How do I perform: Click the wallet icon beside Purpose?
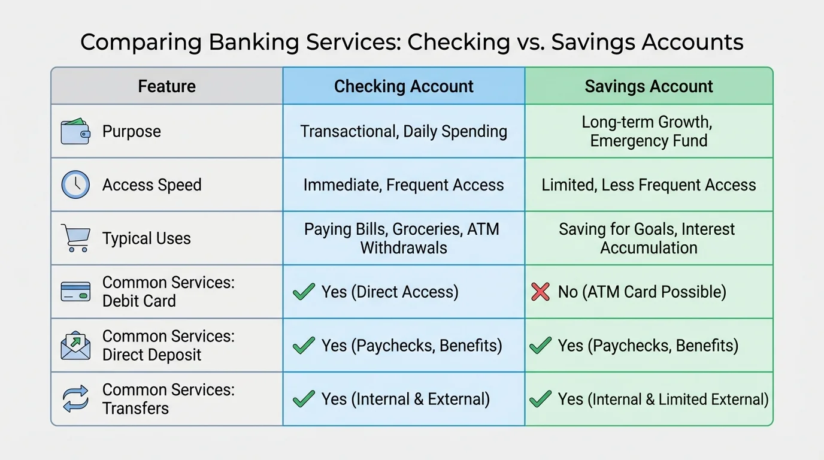[x=75, y=131]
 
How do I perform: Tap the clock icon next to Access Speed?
[x=75, y=184]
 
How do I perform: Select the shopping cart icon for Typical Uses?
[x=75, y=238]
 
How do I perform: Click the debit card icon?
[x=75, y=292]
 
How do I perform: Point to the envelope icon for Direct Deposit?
[x=75, y=346]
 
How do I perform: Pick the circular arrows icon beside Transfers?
[x=75, y=399]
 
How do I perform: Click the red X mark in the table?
[x=540, y=292]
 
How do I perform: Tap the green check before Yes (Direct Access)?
[x=304, y=292]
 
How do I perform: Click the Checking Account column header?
[x=404, y=86]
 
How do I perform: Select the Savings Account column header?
[x=649, y=86]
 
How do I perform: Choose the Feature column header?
[x=166, y=86]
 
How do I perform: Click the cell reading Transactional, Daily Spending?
[x=404, y=131]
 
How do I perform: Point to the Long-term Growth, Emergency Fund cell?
[x=649, y=131]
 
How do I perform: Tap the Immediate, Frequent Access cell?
[x=404, y=184]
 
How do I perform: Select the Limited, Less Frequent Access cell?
[x=649, y=184]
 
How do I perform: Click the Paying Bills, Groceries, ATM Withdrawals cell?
[x=404, y=238]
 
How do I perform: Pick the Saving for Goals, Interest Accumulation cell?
[x=649, y=238]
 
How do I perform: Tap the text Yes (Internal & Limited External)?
[x=663, y=399]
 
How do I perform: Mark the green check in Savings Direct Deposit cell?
[x=540, y=346]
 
